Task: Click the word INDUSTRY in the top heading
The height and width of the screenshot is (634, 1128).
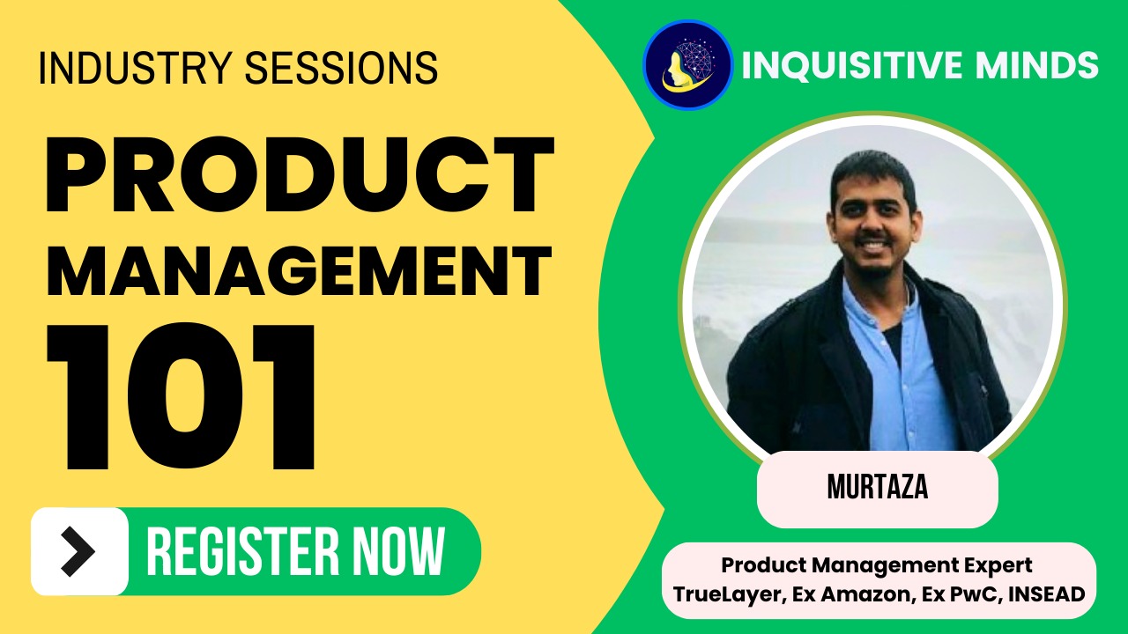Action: click(135, 68)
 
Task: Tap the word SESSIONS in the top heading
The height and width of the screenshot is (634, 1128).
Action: click(341, 68)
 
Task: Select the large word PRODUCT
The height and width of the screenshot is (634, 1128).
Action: click(301, 175)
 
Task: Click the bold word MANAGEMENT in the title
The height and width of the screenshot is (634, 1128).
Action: click(300, 271)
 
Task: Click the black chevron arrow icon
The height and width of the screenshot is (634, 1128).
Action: click(78, 551)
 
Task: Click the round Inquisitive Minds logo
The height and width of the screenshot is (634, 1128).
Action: click(688, 64)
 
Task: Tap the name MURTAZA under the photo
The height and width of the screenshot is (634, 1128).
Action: click(878, 487)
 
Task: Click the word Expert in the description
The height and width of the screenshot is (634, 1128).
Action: click(998, 565)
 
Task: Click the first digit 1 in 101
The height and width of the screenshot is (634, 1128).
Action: click(78, 396)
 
